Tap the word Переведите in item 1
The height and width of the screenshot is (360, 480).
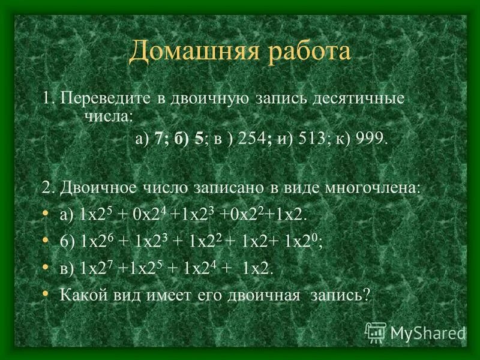click(x=101, y=98)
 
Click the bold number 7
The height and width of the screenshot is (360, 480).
click(x=158, y=139)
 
